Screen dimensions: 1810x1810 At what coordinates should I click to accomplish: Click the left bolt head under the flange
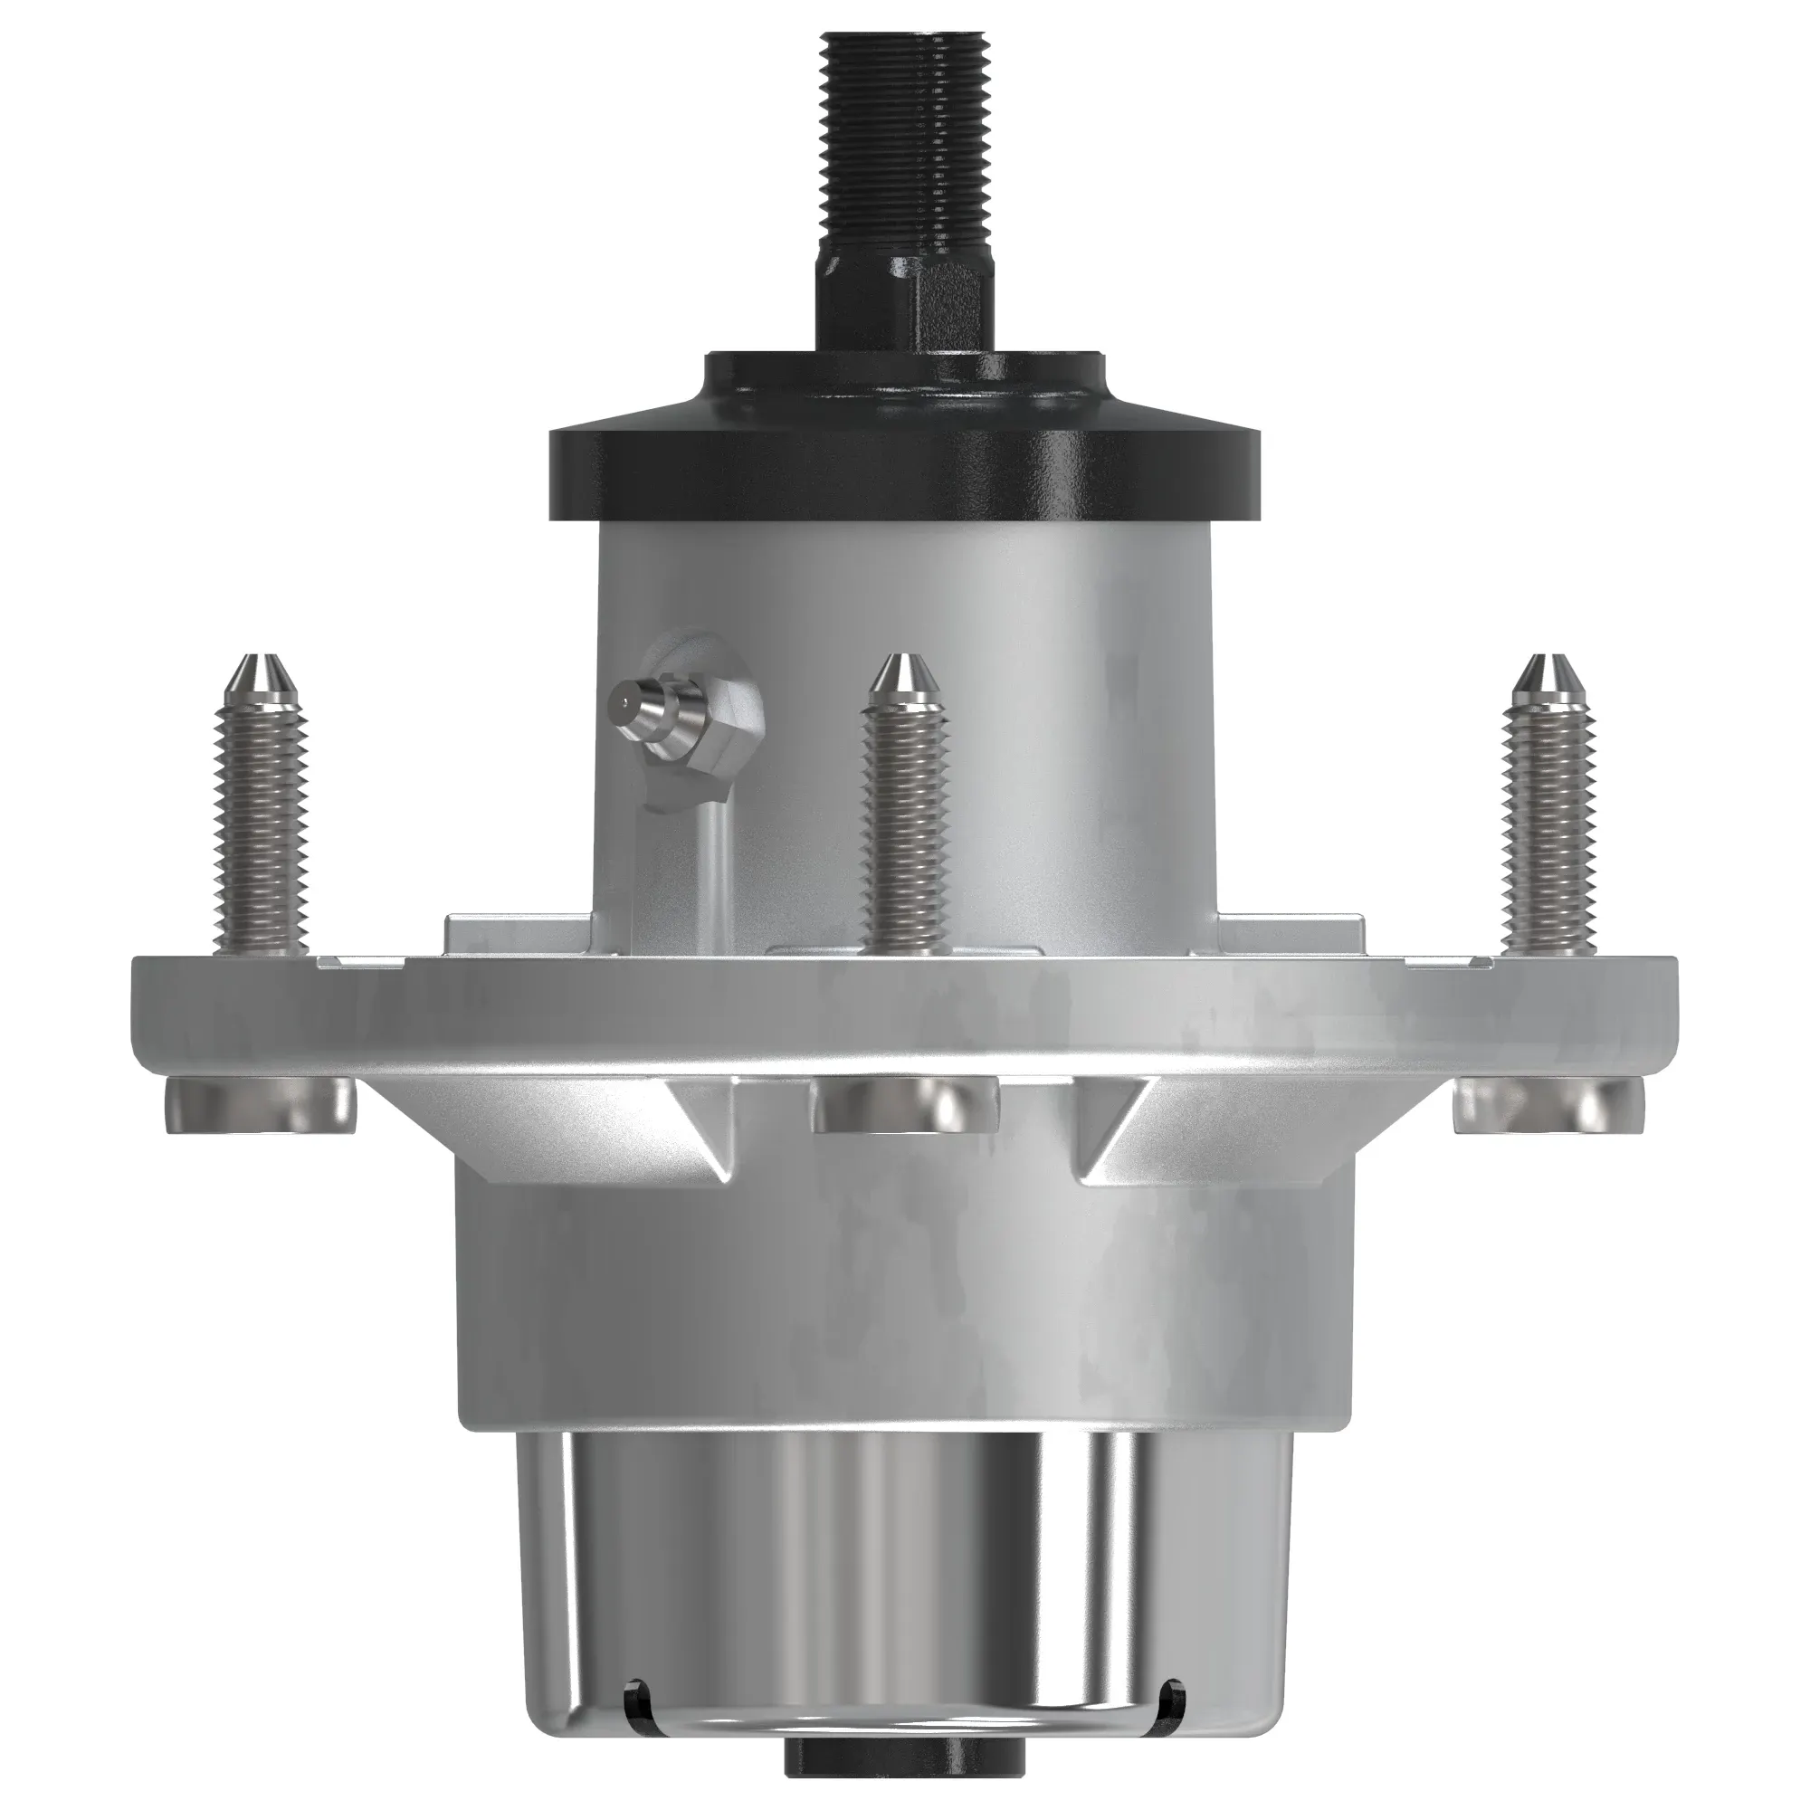(261, 1106)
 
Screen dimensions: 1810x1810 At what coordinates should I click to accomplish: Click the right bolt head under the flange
(1548, 1106)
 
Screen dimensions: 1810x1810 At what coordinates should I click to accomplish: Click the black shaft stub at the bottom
(905, 1776)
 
